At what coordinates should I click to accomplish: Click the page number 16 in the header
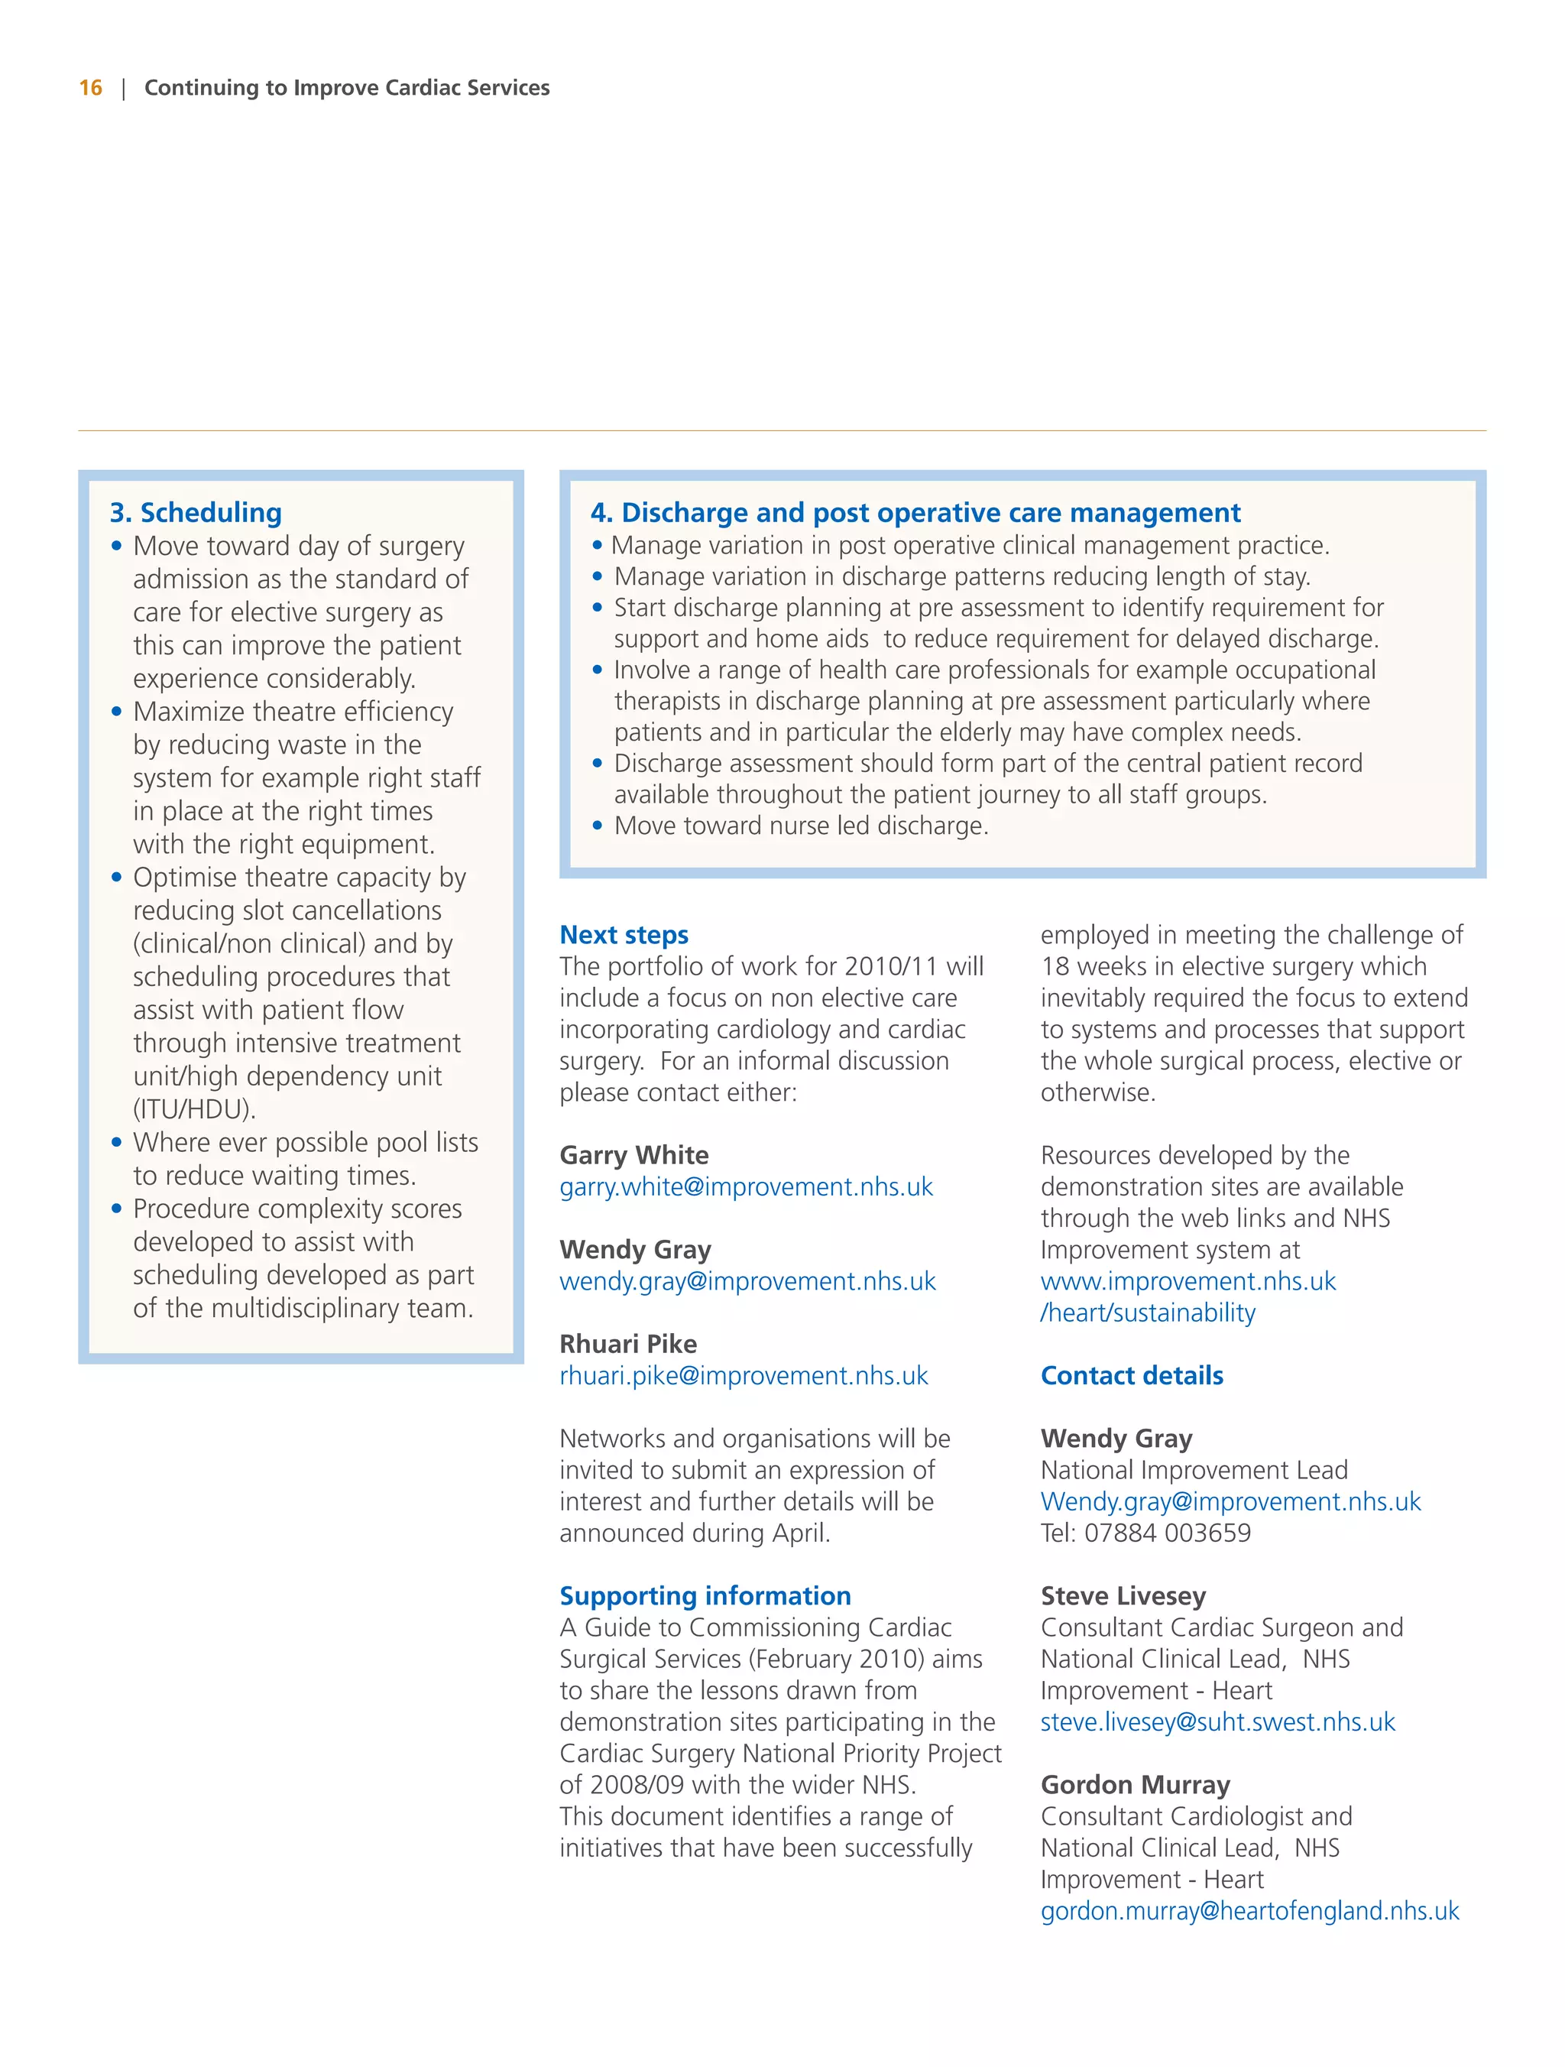(x=91, y=88)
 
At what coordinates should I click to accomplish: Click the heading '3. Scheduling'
(x=196, y=512)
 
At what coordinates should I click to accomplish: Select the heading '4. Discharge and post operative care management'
(x=915, y=512)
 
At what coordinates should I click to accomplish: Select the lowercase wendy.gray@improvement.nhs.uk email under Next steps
(x=747, y=1281)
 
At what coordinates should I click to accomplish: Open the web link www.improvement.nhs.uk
(x=1188, y=1281)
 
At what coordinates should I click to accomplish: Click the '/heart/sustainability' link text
(x=1147, y=1313)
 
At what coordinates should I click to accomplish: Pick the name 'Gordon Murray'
(x=1136, y=1785)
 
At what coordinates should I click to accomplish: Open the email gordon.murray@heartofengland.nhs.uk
(x=1249, y=1911)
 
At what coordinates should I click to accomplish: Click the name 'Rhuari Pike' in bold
(x=628, y=1344)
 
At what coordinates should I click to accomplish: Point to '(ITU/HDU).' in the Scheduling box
(x=194, y=1109)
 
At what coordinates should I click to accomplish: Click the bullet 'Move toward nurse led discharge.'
(x=801, y=826)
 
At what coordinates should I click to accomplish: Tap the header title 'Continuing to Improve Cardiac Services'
(x=347, y=88)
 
